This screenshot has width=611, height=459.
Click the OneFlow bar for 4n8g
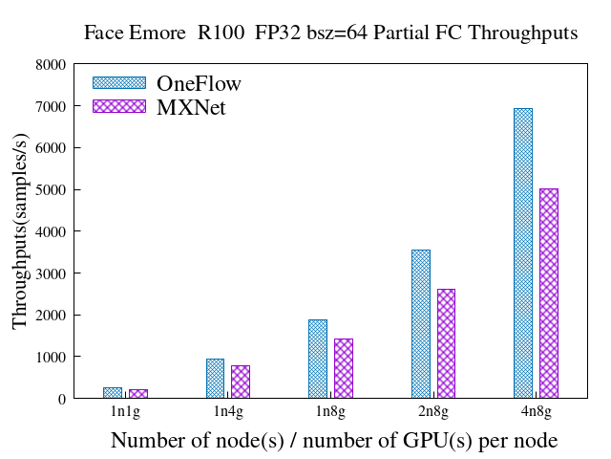[x=522, y=253]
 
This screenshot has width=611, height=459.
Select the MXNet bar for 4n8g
[x=548, y=294]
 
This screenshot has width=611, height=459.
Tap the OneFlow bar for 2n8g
[x=420, y=324]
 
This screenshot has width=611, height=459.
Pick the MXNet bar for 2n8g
[x=446, y=343]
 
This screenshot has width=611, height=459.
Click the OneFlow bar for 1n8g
[x=317, y=359]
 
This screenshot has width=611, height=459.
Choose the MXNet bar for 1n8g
[x=343, y=368]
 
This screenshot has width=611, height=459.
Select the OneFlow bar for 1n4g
[x=215, y=379]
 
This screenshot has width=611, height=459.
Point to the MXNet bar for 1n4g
[x=241, y=382]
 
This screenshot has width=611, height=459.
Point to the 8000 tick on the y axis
[x=51, y=65]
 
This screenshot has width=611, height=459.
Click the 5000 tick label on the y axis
[x=51, y=190]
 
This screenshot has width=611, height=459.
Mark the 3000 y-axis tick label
[x=51, y=273]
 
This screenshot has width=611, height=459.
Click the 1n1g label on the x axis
[x=125, y=413]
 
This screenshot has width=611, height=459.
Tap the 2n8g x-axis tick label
[x=432, y=413]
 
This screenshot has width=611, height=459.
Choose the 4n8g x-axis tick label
[x=535, y=413]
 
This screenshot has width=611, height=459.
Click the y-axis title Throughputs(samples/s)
[x=21, y=232]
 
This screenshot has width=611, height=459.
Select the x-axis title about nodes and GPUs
[x=334, y=441]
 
